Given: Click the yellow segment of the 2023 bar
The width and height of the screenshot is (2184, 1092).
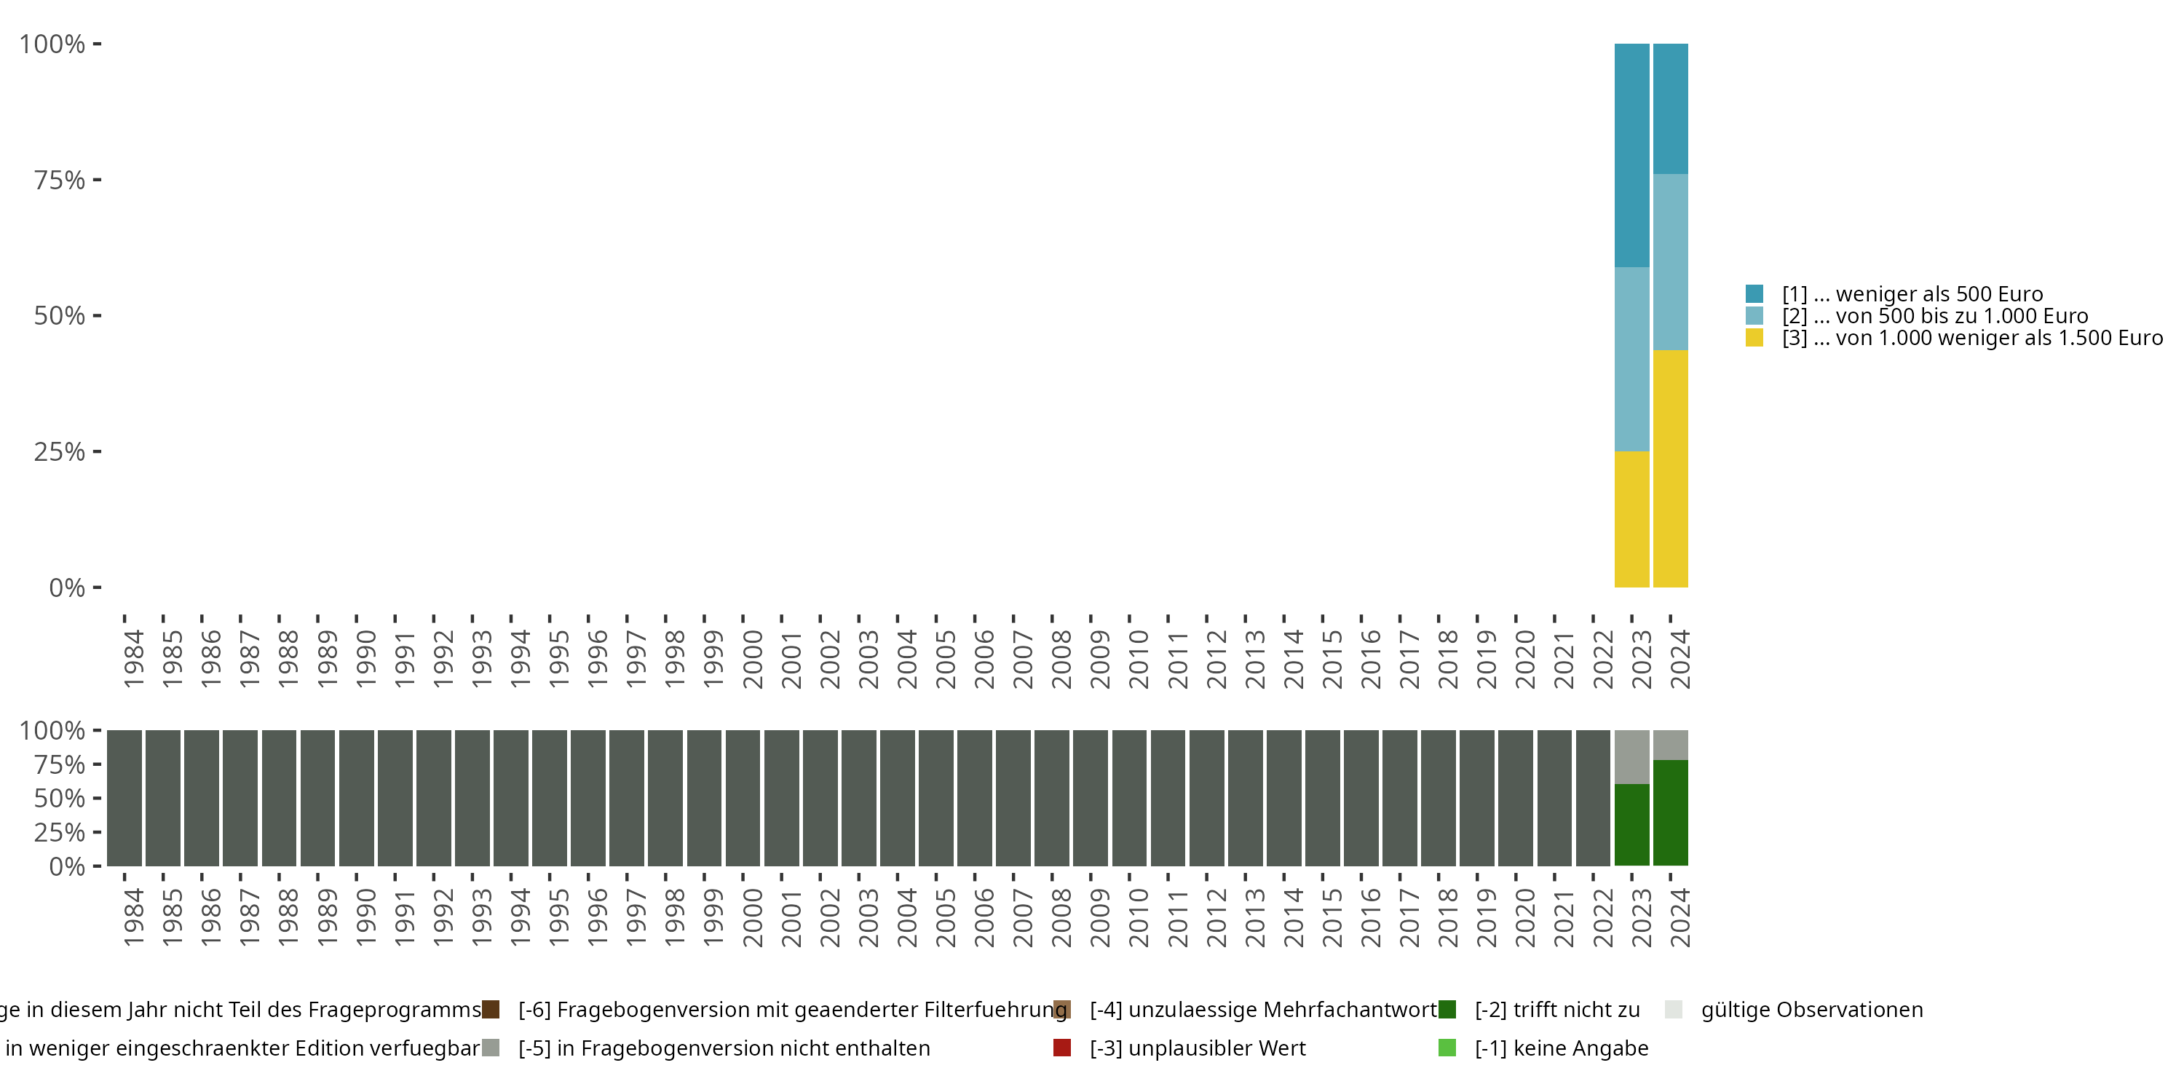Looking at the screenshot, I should pyautogui.click(x=1631, y=519).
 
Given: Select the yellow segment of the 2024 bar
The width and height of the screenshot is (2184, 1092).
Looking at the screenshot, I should pyautogui.click(x=1670, y=468).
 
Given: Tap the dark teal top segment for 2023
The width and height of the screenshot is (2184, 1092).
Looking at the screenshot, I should pyautogui.click(x=1631, y=155).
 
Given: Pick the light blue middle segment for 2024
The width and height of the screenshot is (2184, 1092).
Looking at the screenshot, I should pyautogui.click(x=1670, y=262).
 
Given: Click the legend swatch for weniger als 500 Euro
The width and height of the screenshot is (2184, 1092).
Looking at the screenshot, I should pyautogui.click(x=1754, y=294).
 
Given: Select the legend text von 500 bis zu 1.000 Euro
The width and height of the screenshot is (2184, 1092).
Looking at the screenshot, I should pyautogui.click(x=1935, y=316).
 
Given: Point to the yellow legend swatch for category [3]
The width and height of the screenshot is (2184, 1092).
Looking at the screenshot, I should pyautogui.click(x=1754, y=339).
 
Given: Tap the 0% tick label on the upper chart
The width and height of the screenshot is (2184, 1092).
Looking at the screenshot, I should pyautogui.click(x=67, y=587).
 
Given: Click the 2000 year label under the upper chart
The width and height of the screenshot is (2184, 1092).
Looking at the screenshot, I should pyautogui.click(x=752, y=659).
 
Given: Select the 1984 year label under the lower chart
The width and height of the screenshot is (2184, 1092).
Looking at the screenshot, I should pyautogui.click(x=133, y=917).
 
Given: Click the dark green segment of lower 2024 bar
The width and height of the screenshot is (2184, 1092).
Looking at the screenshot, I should pyautogui.click(x=1670, y=812).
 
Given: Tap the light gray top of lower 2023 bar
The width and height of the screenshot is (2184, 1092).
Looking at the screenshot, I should pyautogui.click(x=1631, y=756).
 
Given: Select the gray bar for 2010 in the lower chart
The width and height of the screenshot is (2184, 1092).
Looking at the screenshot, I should pyautogui.click(x=1128, y=798).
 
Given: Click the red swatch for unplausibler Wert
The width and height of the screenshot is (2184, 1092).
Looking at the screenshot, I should pyautogui.click(x=1061, y=1048).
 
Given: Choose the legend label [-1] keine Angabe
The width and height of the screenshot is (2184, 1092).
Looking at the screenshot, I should pyautogui.click(x=1561, y=1048).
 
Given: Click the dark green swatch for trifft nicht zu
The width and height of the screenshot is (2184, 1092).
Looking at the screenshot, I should pyautogui.click(x=1447, y=1010).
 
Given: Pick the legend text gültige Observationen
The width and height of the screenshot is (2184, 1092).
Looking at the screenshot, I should pyautogui.click(x=1811, y=1010).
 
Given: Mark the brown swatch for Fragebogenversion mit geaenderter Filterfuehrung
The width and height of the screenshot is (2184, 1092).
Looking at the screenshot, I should pyautogui.click(x=490, y=1010).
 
